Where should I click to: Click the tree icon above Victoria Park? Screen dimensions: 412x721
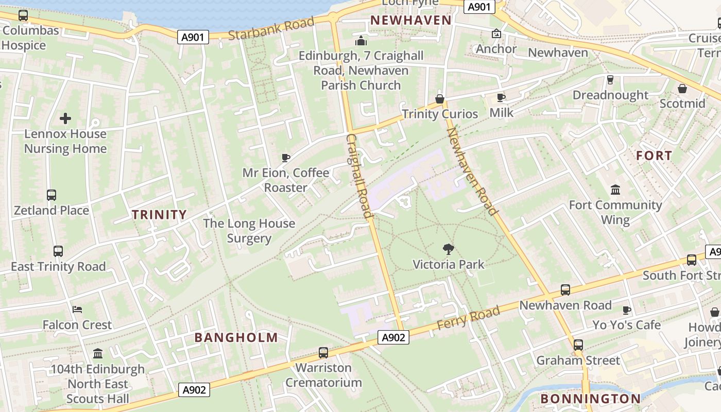coord(449,249)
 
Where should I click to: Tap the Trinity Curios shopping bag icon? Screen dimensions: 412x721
coord(440,99)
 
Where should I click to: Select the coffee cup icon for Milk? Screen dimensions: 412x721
coord(501,98)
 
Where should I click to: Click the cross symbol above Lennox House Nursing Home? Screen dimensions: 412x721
coord(65,119)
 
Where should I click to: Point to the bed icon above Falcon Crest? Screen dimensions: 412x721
coord(77,310)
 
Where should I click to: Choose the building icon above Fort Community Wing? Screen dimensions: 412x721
coord(615,190)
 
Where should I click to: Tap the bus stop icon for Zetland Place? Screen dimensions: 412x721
coord(51,195)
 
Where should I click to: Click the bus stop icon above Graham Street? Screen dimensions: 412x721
coord(578,345)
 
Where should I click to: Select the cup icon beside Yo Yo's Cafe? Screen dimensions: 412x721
coord(626,310)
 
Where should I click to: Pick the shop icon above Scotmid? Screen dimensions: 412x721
coord(682,89)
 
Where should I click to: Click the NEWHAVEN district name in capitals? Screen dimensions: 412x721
coord(411,21)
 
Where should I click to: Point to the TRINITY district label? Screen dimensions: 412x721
coord(159,215)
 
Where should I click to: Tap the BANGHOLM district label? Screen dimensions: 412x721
coord(236,338)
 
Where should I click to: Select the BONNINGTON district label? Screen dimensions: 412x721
coord(591,399)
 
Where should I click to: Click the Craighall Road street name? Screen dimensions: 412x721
coord(359,176)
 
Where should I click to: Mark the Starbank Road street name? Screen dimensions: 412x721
coord(271,29)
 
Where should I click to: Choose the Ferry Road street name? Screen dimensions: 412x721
coord(468,318)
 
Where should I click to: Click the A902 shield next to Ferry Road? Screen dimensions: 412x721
coord(394,337)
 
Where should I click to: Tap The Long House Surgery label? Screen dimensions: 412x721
coord(249,231)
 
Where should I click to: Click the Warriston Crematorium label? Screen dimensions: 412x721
coord(323,375)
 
